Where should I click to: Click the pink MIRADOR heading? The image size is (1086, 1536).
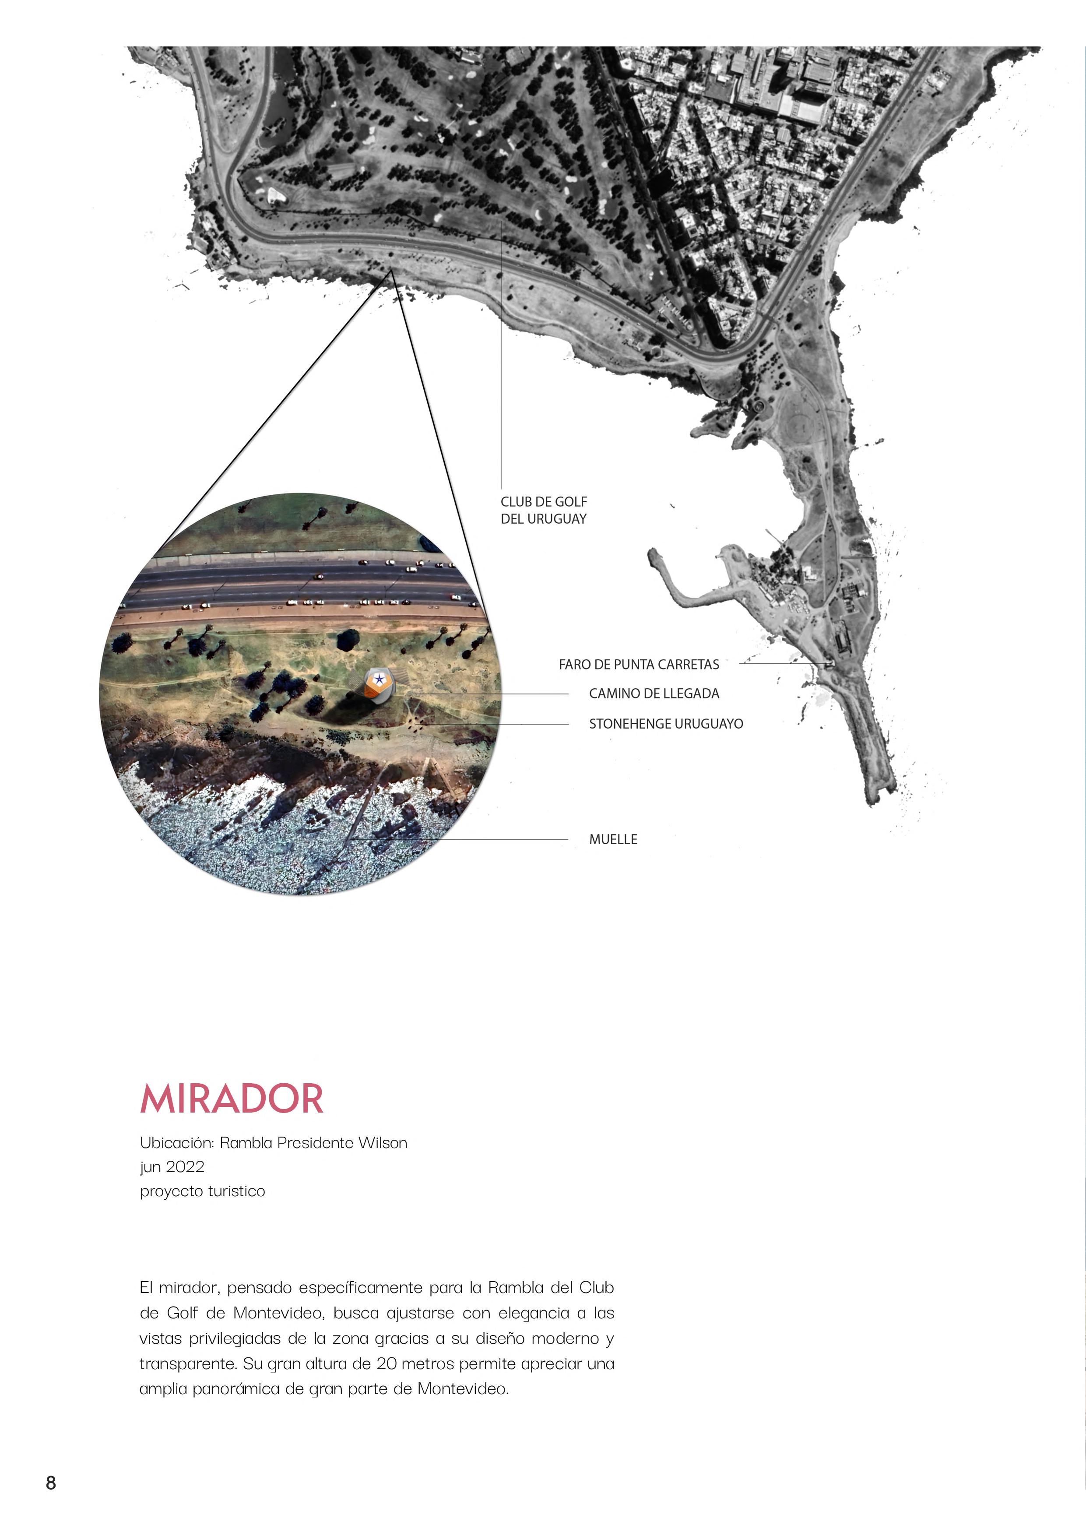click(232, 1099)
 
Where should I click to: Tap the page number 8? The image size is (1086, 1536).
click(51, 1483)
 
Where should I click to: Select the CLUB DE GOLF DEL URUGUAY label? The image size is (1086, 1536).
click(544, 510)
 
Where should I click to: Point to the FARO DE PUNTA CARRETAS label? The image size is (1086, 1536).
click(639, 664)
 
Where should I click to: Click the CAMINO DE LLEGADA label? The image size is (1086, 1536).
click(654, 694)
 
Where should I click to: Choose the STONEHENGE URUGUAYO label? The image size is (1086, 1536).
click(665, 724)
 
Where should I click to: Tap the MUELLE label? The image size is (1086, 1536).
click(612, 839)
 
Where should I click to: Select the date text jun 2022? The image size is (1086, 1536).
click(172, 1167)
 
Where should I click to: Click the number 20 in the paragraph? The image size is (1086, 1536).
click(386, 1363)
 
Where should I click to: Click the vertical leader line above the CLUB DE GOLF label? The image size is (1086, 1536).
click(501, 355)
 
